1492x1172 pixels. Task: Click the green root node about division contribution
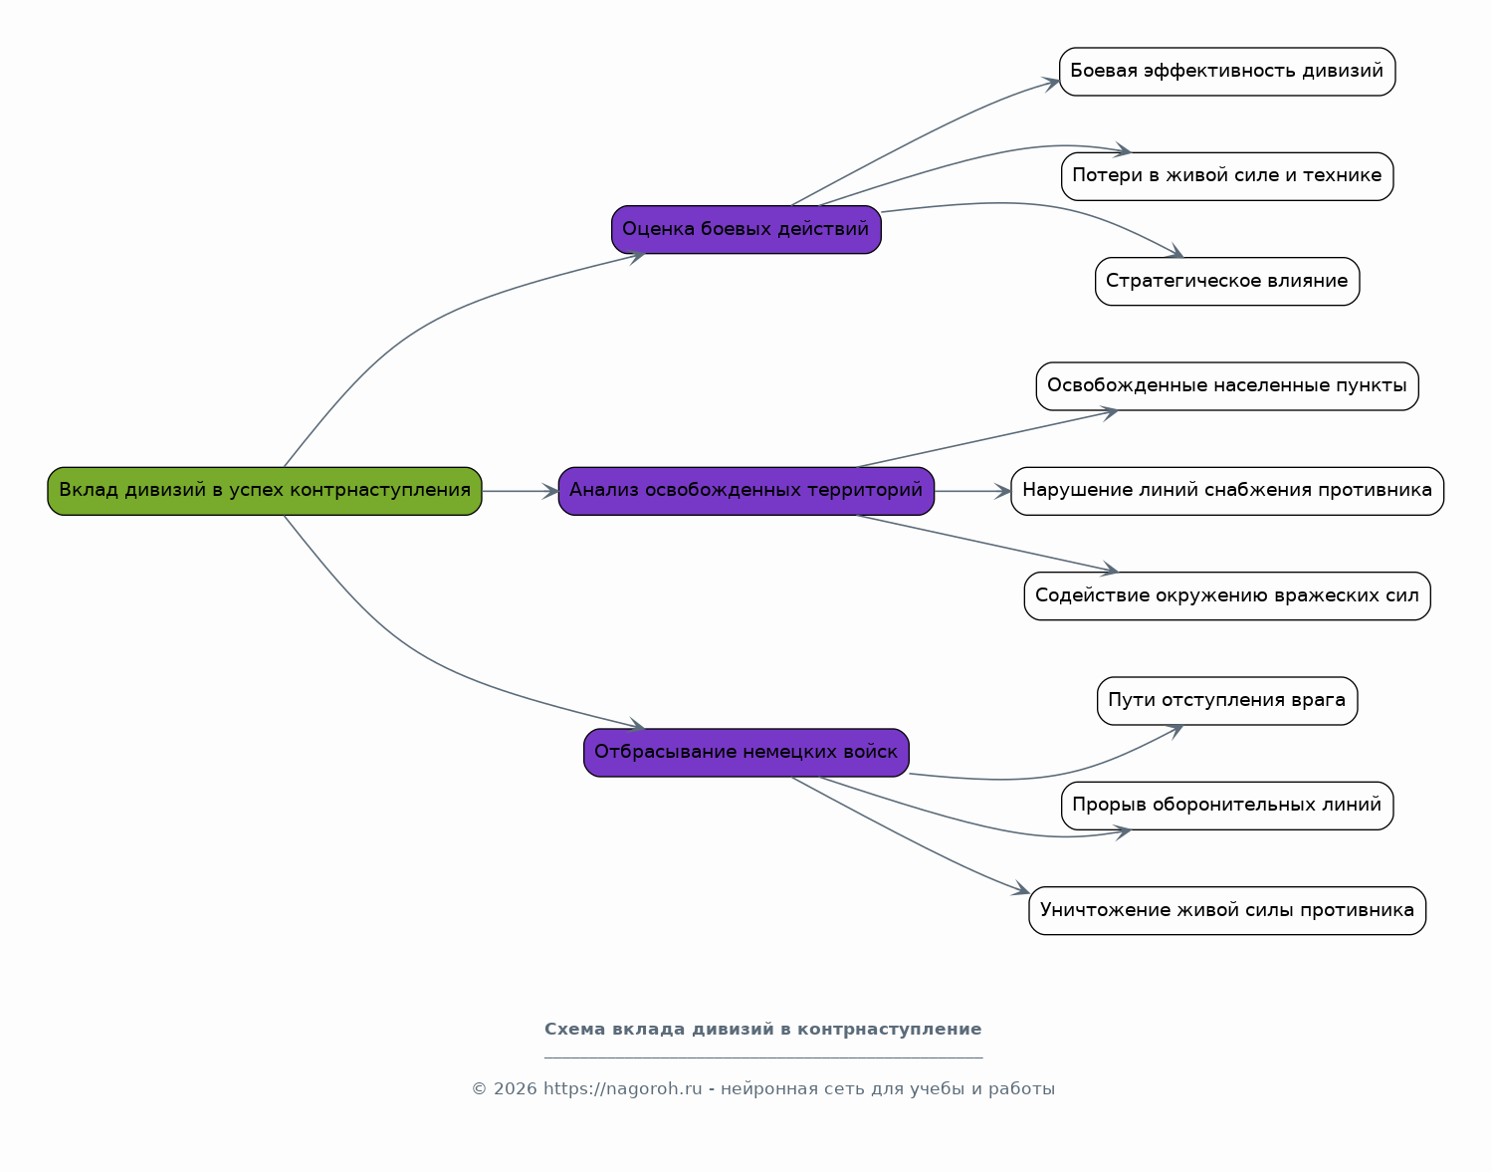[x=265, y=491]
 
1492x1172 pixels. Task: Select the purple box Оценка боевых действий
[x=746, y=229]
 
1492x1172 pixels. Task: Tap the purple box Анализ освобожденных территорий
[x=746, y=491]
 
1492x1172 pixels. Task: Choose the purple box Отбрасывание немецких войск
[x=746, y=753]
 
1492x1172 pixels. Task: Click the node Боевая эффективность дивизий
[x=1227, y=72]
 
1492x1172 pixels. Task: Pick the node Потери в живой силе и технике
[x=1227, y=176]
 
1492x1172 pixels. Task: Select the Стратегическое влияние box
[x=1227, y=282]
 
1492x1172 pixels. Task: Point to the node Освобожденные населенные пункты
[x=1227, y=386]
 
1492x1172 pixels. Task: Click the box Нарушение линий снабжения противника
[x=1227, y=491]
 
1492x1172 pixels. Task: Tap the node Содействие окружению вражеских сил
[x=1227, y=595]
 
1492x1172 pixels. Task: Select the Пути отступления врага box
[x=1227, y=700]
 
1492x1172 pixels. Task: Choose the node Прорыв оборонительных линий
[x=1227, y=806]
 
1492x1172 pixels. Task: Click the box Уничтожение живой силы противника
[x=1227, y=910]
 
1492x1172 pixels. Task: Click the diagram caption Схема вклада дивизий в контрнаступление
[x=762, y=1030]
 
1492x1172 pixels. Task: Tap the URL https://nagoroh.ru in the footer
[x=623, y=1089]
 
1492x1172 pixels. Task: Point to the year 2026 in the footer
[x=515, y=1089]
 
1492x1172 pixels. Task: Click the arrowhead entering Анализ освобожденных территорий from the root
[x=550, y=491]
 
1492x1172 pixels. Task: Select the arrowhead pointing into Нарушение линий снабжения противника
[x=1002, y=491]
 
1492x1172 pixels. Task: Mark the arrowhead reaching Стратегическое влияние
[x=1174, y=251]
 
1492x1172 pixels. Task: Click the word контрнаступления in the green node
[x=380, y=490]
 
